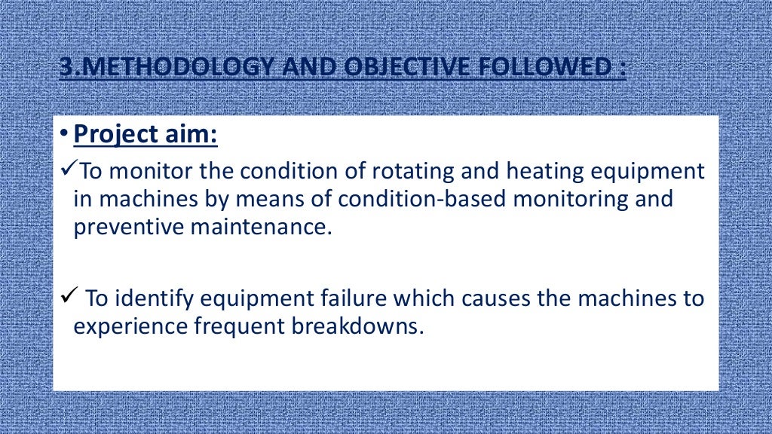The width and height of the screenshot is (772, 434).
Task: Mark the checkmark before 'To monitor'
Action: tap(67, 170)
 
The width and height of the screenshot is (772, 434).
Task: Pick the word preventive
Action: tap(123, 227)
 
